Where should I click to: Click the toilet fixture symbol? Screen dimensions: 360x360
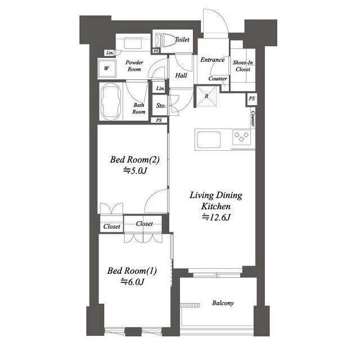coord(161,40)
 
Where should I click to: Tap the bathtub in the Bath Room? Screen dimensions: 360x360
coord(111,101)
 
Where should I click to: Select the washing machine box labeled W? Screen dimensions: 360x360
coord(107,69)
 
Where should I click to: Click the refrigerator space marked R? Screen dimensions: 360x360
coord(206,97)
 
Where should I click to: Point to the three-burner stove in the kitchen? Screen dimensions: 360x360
coord(241,137)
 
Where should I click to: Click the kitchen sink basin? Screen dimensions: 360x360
coord(209,139)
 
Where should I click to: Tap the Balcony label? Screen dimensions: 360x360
coord(223,303)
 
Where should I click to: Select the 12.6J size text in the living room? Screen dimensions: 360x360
coord(216,217)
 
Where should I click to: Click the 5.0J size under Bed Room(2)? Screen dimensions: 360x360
coord(135,170)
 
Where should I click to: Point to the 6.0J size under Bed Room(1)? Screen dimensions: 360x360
coord(133,282)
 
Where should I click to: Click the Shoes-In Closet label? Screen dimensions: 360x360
coord(243,66)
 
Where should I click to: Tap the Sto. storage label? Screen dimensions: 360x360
coord(161,106)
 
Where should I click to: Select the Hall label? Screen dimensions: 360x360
coord(181,75)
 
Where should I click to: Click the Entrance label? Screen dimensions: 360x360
coord(213,60)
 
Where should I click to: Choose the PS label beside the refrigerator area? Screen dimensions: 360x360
coord(251,98)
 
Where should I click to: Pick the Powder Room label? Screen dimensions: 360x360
coord(134,66)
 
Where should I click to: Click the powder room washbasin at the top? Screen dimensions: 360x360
coord(133,43)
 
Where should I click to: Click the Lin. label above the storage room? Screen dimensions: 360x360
coord(160,88)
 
